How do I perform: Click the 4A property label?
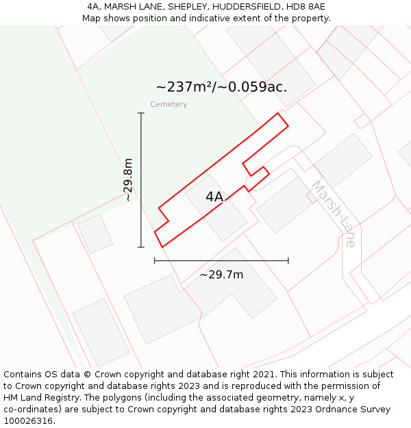click(x=214, y=197)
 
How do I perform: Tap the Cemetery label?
click(x=169, y=105)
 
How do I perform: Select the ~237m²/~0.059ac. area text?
click(x=221, y=87)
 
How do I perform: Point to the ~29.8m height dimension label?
click(x=128, y=179)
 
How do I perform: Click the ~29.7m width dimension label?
click(x=221, y=275)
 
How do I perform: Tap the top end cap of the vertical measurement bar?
click(x=141, y=114)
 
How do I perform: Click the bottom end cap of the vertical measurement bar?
click(x=141, y=247)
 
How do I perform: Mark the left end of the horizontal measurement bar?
click(x=155, y=260)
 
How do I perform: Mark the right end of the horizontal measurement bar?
click(x=288, y=260)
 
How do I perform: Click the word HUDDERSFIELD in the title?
click(x=244, y=7)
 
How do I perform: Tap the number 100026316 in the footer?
click(x=29, y=421)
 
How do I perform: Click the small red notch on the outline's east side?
click(x=256, y=169)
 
